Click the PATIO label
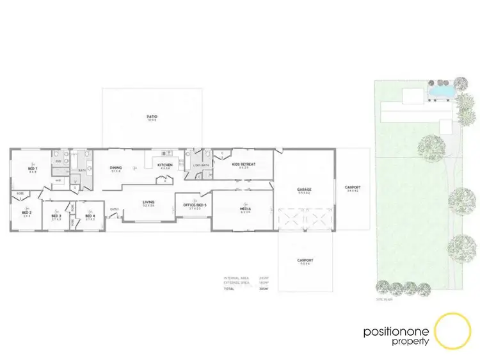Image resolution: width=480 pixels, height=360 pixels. click(152, 116)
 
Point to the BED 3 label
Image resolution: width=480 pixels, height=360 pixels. click(56, 216)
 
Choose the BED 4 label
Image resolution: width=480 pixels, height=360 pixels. click(90, 216)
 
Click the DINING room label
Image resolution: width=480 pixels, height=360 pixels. click(116, 168)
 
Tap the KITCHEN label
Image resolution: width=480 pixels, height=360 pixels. click(165, 166)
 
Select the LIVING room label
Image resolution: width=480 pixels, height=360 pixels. click(148, 203)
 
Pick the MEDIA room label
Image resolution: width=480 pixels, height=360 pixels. click(244, 209)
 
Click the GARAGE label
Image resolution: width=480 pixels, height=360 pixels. click(304, 190)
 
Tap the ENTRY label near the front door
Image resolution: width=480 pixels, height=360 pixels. click(115, 209)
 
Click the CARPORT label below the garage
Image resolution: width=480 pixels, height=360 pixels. click(305, 261)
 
